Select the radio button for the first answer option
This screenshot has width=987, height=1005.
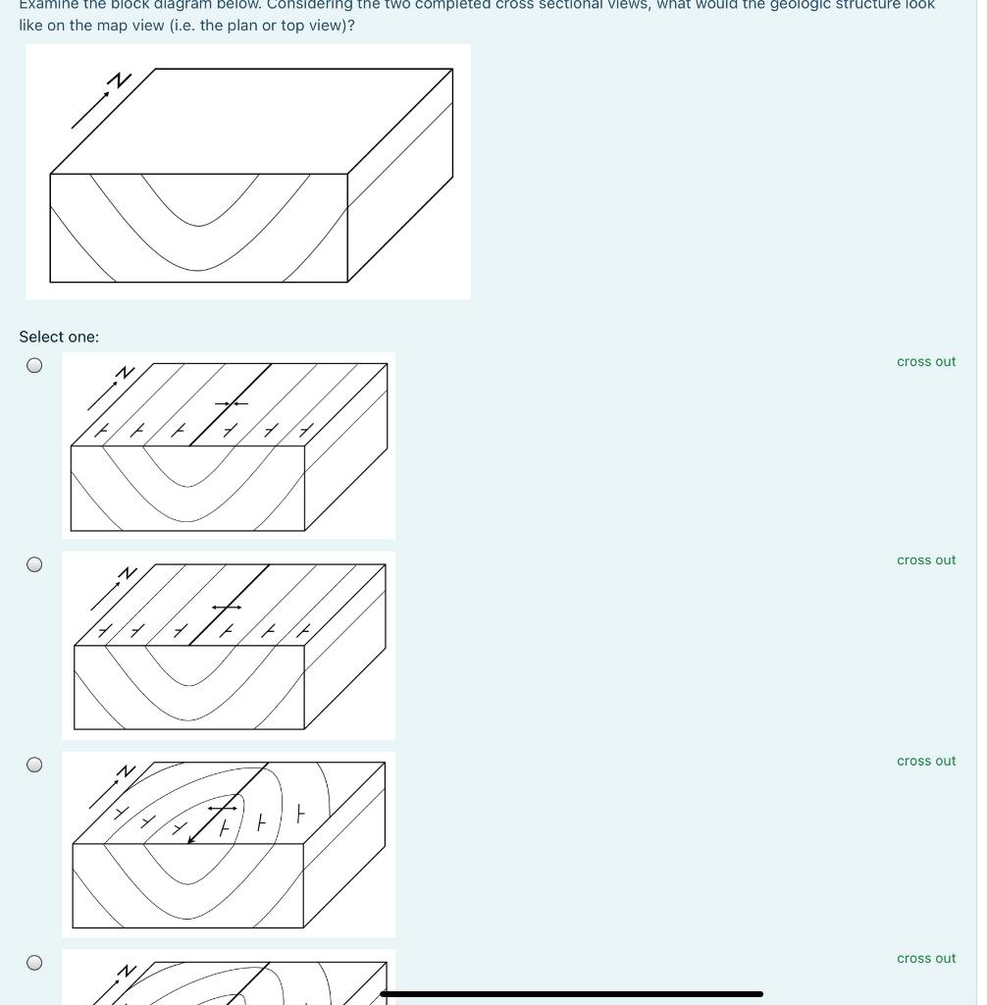(34, 365)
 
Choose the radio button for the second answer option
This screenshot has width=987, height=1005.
(34, 564)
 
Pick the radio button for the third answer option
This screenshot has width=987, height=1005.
(34, 765)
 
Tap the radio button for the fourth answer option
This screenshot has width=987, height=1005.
(34, 963)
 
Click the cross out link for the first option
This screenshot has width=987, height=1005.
(925, 361)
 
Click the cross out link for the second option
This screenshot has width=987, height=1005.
(925, 560)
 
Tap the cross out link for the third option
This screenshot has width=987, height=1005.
(925, 761)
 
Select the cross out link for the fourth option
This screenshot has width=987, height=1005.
(925, 959)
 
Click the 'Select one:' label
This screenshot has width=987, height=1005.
(59, 337)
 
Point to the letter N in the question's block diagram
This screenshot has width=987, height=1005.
(120, 80)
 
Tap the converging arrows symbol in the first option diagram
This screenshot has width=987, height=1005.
(232, 403)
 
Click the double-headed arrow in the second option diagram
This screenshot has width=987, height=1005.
(227, 608)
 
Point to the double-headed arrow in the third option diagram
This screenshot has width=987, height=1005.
(223, 808)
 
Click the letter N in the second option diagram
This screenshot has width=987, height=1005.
(127, 573)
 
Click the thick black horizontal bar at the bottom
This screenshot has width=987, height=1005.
(571, 994)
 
